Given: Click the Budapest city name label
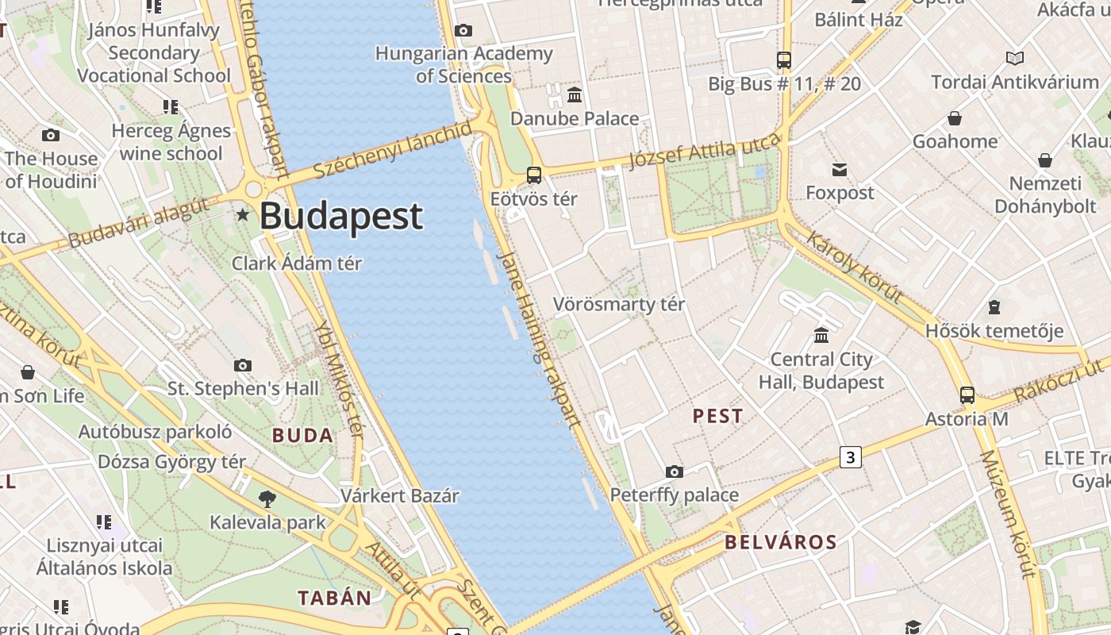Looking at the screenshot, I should (341, 217).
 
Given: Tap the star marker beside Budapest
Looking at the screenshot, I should (243, 215).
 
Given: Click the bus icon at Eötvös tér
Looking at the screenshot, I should (534, 175).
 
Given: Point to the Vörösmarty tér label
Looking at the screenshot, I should (619, 304).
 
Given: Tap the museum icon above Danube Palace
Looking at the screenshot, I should (575, 94).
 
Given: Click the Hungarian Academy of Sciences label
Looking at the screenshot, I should (464, 64).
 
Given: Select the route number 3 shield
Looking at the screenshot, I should (850, 456).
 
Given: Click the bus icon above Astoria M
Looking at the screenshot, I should (967, 394).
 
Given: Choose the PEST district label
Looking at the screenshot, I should (718, 416).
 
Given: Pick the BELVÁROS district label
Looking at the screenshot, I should (781, 542).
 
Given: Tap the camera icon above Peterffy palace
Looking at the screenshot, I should (674, 472).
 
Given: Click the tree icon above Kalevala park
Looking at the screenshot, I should (267, 499).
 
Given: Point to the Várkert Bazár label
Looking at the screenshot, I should (400, 496).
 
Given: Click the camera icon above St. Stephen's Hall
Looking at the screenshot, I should (243, 365).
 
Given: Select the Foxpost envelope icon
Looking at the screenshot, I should (840, 169).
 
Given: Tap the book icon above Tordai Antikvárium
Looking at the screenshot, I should (1014, 58).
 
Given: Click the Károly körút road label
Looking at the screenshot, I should (855, 267).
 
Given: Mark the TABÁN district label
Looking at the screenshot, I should (335, 598).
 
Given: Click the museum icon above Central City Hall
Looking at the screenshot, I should (821, 335).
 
